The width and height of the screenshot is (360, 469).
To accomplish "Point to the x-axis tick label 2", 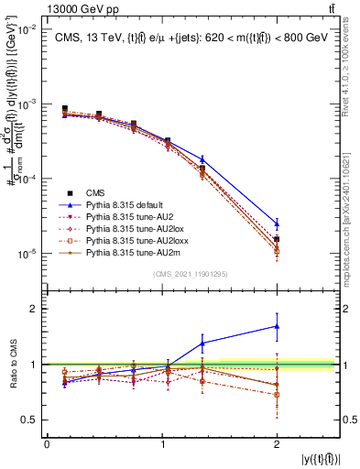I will point(276,444).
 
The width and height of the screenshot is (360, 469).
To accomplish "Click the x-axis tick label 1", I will point(161,444).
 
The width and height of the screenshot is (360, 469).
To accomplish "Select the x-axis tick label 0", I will point(47,444).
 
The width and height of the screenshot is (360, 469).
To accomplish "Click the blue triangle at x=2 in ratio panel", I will point(276,326).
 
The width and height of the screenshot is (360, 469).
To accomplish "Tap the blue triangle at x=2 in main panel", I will point(276,223).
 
